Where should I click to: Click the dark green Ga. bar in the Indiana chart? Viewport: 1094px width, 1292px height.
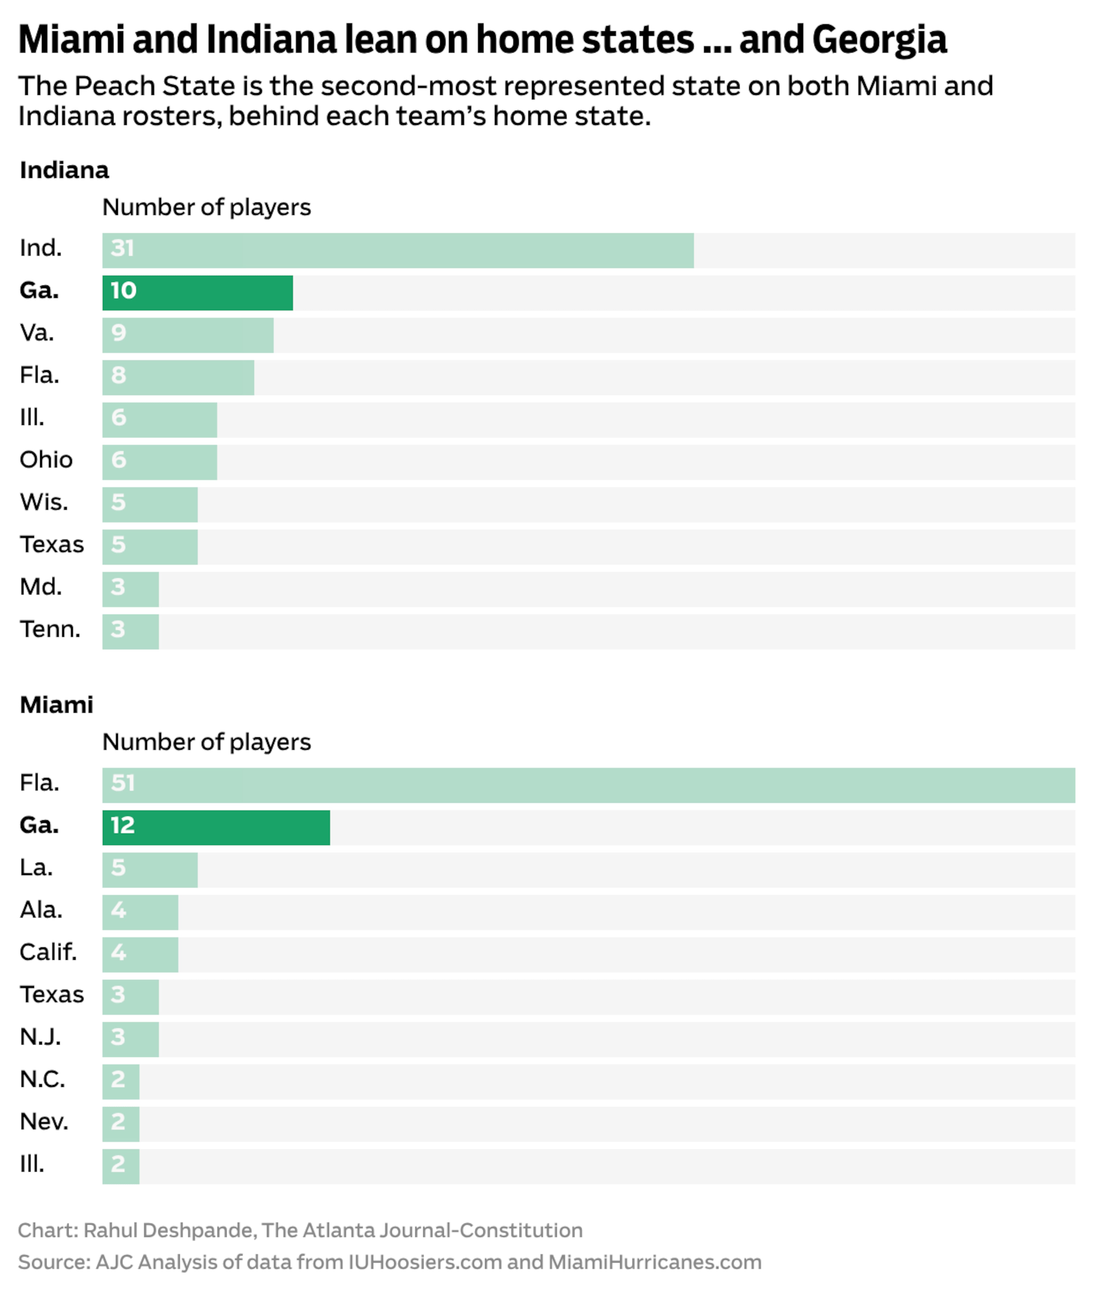(x=197, y=293)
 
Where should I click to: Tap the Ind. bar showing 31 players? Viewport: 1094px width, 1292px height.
(x=397, y=250)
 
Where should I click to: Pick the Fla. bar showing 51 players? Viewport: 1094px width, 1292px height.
(x=588, y=785)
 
